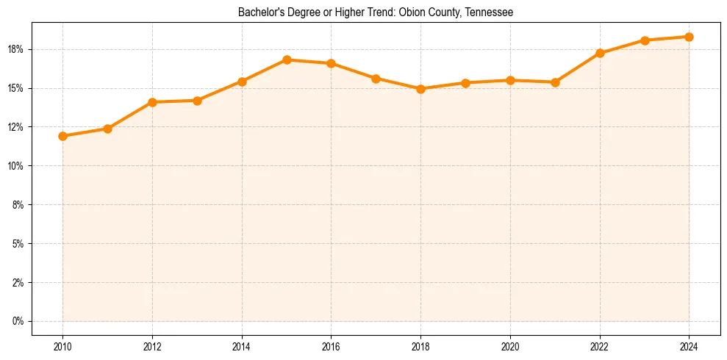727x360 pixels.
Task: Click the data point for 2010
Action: pyautogui.click(x=62, y=136)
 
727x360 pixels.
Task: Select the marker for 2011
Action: pyautogui.click(x=107, y=129)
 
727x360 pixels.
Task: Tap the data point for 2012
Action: pyautogui.click(x=152, y=102)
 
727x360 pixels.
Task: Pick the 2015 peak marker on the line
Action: pyautogui.click(x=287, y=60)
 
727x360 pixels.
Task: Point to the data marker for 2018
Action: pyautogui.click(x=420, y=89)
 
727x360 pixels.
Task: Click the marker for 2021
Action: pyautogui.click(x=555, y=82)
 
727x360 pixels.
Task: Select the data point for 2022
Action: pyautogui.click(x=600, y=53)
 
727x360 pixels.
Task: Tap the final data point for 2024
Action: pyautogui.click(x=689, y=37)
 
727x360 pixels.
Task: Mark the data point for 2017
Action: pyautogui.click(x=376, y=78)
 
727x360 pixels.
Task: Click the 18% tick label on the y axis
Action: pyautogui.click(x=16, y=49)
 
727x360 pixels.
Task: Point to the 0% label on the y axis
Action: pyautogui.click(x=18, y=321)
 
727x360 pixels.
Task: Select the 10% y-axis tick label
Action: pyautogui.click(x=16, y=166)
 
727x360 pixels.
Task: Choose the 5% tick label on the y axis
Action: pyautogui.click(x=18, y=243)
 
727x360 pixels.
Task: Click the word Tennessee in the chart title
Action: pyautogui.click(x=489, y=12)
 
